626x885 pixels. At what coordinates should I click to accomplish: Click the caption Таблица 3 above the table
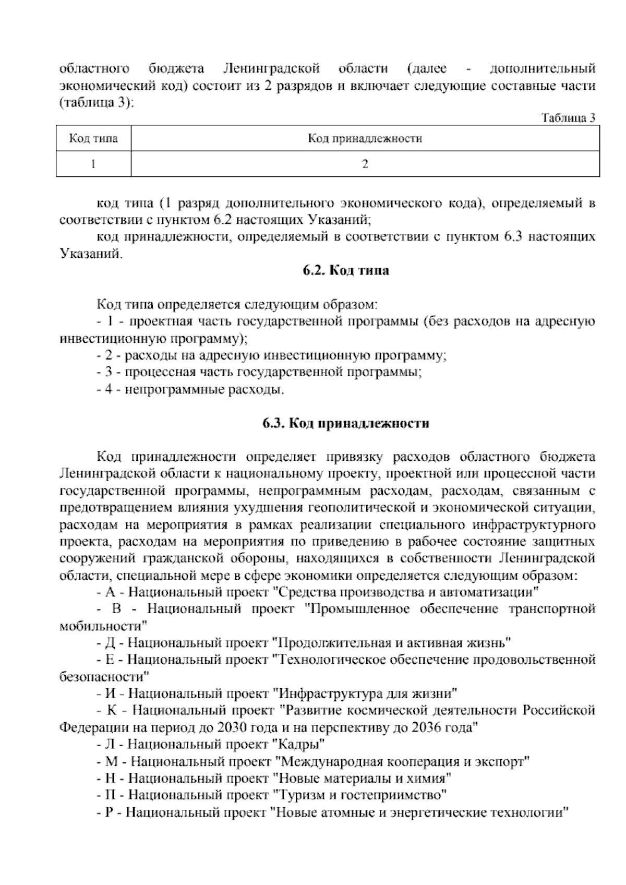[x=568, y=118]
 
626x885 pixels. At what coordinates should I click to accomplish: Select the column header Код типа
[x=93, y=139]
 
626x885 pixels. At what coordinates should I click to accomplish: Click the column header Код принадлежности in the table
[x=365, y=139]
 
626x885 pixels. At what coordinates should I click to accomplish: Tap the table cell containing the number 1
[x=93, y=164]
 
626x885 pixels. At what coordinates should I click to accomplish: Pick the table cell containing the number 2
[x=365, y=164]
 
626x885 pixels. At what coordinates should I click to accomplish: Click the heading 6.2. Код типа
[x=346, y=271]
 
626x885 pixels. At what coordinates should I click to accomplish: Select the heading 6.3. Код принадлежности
[x=346, y=423]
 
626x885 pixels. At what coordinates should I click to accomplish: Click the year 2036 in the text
[x=427, y=727]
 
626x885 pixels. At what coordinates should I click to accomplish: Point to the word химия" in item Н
[x=432, y=779]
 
